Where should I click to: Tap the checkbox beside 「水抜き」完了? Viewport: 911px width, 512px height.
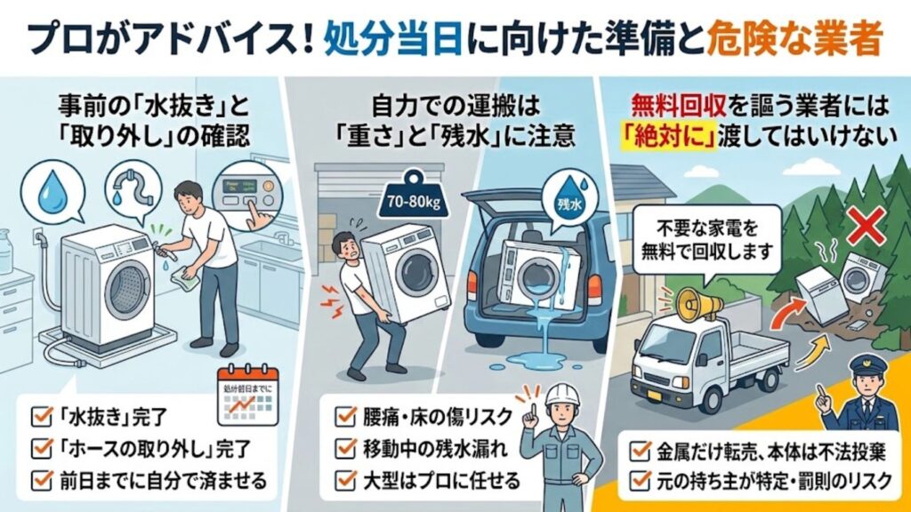[39, 413]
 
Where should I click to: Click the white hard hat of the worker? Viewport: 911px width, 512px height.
[561, 396]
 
